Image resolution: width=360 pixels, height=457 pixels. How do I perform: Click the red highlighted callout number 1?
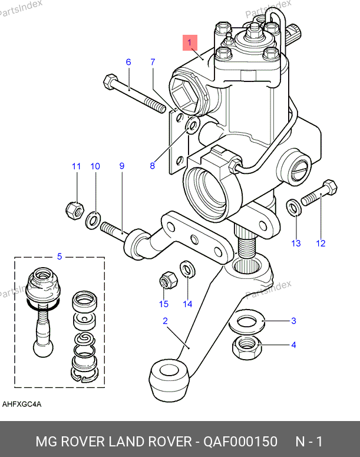tap(190, 42)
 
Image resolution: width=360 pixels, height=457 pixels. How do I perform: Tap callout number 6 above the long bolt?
tap(128, 62)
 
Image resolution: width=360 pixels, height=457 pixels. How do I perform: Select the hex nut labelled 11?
tap(74, 209)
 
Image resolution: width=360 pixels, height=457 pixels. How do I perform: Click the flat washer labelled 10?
tap(93, 221)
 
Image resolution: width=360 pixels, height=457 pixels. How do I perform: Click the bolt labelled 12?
tap(319, 194)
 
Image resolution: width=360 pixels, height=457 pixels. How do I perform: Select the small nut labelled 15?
tap(166, 280)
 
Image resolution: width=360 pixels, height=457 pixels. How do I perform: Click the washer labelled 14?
tap(187, 269)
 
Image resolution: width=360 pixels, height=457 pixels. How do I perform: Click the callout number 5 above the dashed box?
tap(59, 256)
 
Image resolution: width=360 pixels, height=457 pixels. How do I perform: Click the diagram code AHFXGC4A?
tap(22, 404)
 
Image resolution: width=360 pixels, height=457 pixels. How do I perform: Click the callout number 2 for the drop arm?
tap(166, 321)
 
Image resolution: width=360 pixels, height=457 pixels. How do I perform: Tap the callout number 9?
tap(122, 166)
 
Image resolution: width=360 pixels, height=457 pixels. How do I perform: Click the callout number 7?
tap(153, 62)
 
